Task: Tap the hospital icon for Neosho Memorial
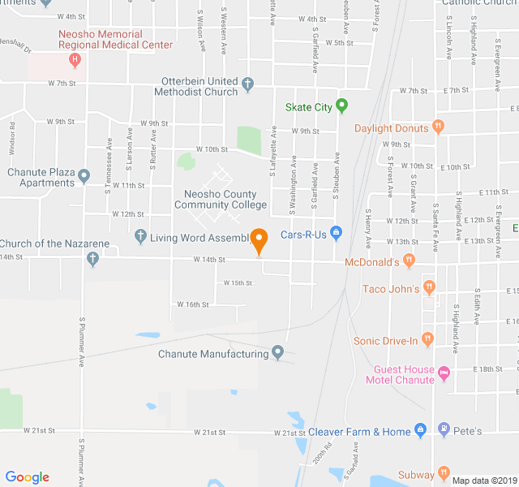75,59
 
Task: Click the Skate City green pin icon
341,106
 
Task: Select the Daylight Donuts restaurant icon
439,126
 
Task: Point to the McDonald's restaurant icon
410,261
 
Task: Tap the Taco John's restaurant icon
429,287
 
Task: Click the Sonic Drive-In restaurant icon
427,339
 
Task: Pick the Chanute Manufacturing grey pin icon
278,352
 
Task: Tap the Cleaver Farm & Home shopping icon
419,430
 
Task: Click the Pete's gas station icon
443,429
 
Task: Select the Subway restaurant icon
443,472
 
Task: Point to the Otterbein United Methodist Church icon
248,84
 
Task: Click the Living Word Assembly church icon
139,237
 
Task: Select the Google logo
27,477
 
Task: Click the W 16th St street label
193,304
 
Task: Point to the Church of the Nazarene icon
92,259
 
